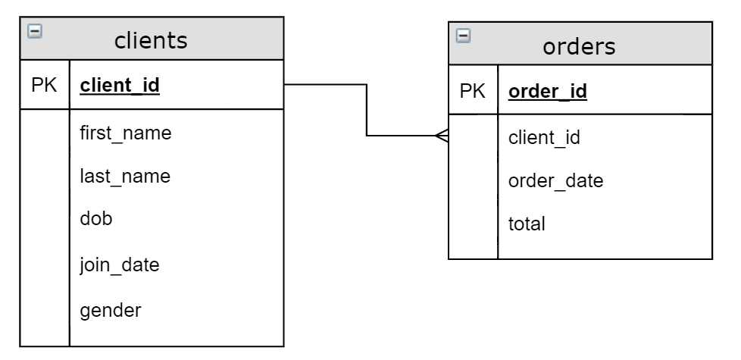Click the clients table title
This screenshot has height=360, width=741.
tap(151, 40)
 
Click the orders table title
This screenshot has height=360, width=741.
tap(580, 46)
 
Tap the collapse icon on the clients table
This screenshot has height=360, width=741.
tap(33, 31)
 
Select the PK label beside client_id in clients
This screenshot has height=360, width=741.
tap(44, 86)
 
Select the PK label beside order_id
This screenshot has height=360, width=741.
tap(473, 92)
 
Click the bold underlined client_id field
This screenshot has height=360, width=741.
tap(119, 86)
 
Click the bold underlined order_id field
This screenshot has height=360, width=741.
tap(548, 92)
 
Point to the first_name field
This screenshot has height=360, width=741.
tap(125, 133)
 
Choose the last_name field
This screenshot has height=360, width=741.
tap(124, 177)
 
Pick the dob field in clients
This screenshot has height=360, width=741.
tap(95, 219)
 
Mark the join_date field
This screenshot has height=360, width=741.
tap(119, 265)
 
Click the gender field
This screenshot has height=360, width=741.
tap(109, 310)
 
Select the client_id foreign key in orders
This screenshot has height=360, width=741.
tap(544, 138)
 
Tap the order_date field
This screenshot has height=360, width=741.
tap(555, 181)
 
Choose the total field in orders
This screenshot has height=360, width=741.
tap(526, 224)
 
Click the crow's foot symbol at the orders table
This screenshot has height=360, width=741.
tap(442, 136)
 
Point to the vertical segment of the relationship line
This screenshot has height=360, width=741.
tap(367, 111)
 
